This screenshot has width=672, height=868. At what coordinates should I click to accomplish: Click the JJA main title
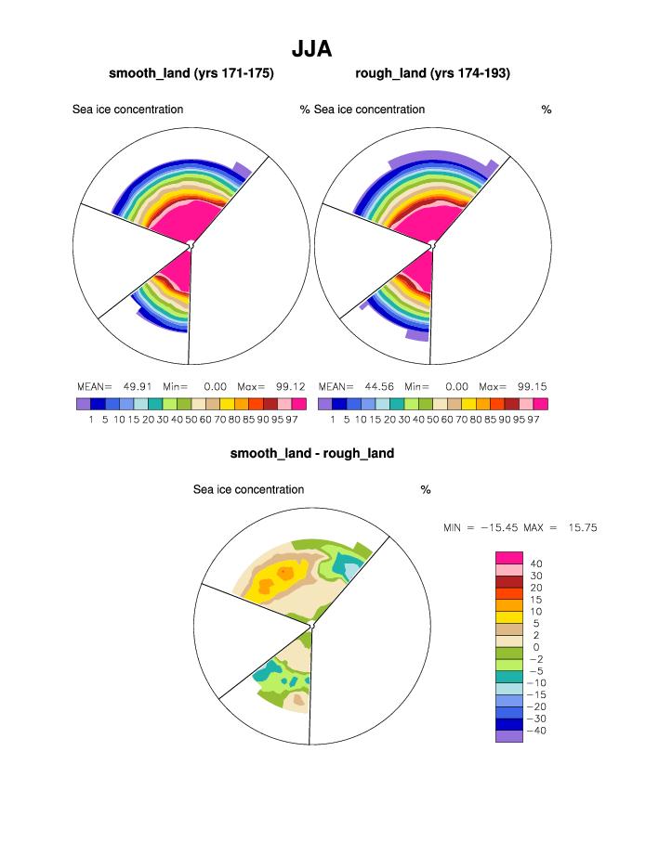click(x=312, y=48)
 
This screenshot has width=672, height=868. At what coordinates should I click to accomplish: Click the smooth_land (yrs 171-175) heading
click(x=191, y=72)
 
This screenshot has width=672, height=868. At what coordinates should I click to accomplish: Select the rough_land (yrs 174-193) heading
click(x=432, y=72)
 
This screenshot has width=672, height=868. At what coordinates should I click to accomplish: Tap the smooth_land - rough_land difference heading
click(x=312, y=453)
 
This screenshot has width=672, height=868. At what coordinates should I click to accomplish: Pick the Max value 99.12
click(x=290, y=386)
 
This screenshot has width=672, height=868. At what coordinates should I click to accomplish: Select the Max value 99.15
click(x=532, y=386)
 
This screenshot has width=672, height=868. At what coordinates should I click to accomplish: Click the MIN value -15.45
click(x=497, y=527)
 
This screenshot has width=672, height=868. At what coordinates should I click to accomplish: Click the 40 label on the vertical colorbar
click(x=536, y=564)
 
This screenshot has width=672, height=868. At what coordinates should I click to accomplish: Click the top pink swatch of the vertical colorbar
click(x=508, y=557)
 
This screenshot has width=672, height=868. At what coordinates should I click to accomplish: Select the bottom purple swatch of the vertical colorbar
click(x=508, y=736)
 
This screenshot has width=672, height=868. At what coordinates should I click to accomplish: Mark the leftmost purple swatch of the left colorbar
click(x=83, y=404)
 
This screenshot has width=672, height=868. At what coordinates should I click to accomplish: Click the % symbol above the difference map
click(x=426, y=489)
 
